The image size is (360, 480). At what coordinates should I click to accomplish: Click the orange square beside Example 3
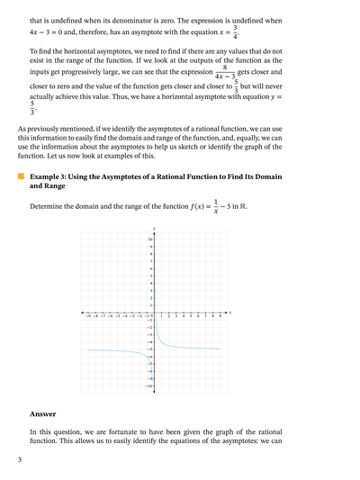pyautogui.click(x=21, y=178)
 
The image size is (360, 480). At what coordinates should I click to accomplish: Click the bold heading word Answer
pyautogui.click(x=42, y=414)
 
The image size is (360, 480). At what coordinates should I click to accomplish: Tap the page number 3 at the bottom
pyautogui.click(x=19, y=460)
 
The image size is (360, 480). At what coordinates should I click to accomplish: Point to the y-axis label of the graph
pyautogui.click(x=155, y=230)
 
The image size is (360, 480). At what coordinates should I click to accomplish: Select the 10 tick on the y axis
pyautogui.click(x=150, y=240)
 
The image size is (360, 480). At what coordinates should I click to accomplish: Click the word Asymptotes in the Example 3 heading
pyautogui.click(x=145, y=178)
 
